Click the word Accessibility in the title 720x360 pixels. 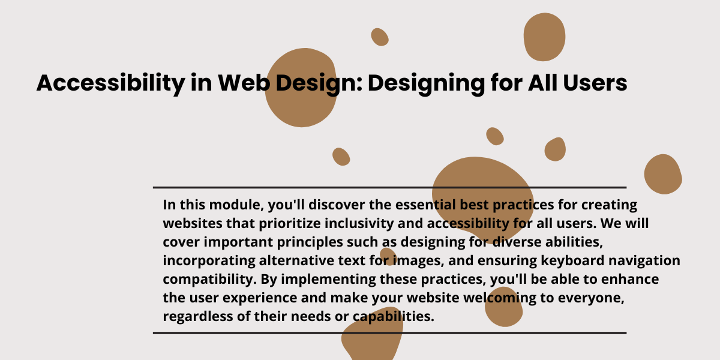[x=111, y=83]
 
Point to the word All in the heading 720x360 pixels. [x=543, y=83]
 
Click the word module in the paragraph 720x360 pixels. [x=236, y=205]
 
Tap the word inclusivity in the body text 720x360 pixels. [x=359, y=223]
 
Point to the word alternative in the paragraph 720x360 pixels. [x=296, y=260]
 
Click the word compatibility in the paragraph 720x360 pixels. [x=209, y=280]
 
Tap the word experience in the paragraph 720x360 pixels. [x=260, y=298]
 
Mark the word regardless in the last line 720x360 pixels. [x=198, y=317]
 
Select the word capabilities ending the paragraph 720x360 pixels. [x=394, y=317]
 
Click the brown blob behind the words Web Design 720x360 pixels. [x=301, y=88]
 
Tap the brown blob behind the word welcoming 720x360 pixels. [x=503, y=307]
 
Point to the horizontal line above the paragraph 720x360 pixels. [x=389, y=187]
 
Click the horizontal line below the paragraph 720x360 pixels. [x=389, y=333]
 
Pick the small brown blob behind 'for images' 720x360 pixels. [x=388, y=257]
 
